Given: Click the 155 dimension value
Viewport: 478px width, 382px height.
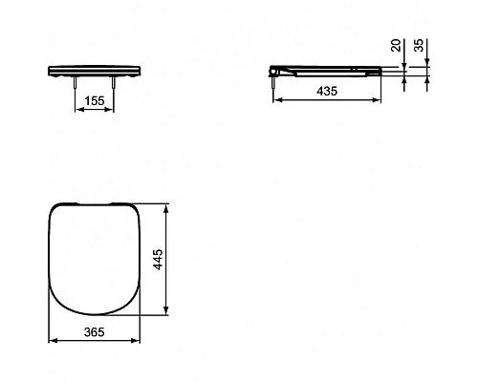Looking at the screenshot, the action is coord(95,101).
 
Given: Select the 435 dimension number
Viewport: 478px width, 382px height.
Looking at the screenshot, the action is coord(327,92).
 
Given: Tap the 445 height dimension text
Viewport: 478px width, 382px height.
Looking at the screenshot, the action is coord(159,260).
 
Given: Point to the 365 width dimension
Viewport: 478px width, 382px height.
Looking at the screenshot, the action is coord(95,332).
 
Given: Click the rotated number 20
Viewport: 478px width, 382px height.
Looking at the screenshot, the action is coord(396,45).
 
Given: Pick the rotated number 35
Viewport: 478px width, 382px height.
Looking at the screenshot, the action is coord(420,45).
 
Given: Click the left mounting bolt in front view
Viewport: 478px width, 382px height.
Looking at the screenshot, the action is coord(75,82).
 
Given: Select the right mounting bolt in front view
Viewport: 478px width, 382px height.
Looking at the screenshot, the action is coord(113,82).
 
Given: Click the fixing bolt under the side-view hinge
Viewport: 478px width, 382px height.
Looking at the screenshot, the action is coord(273,82).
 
